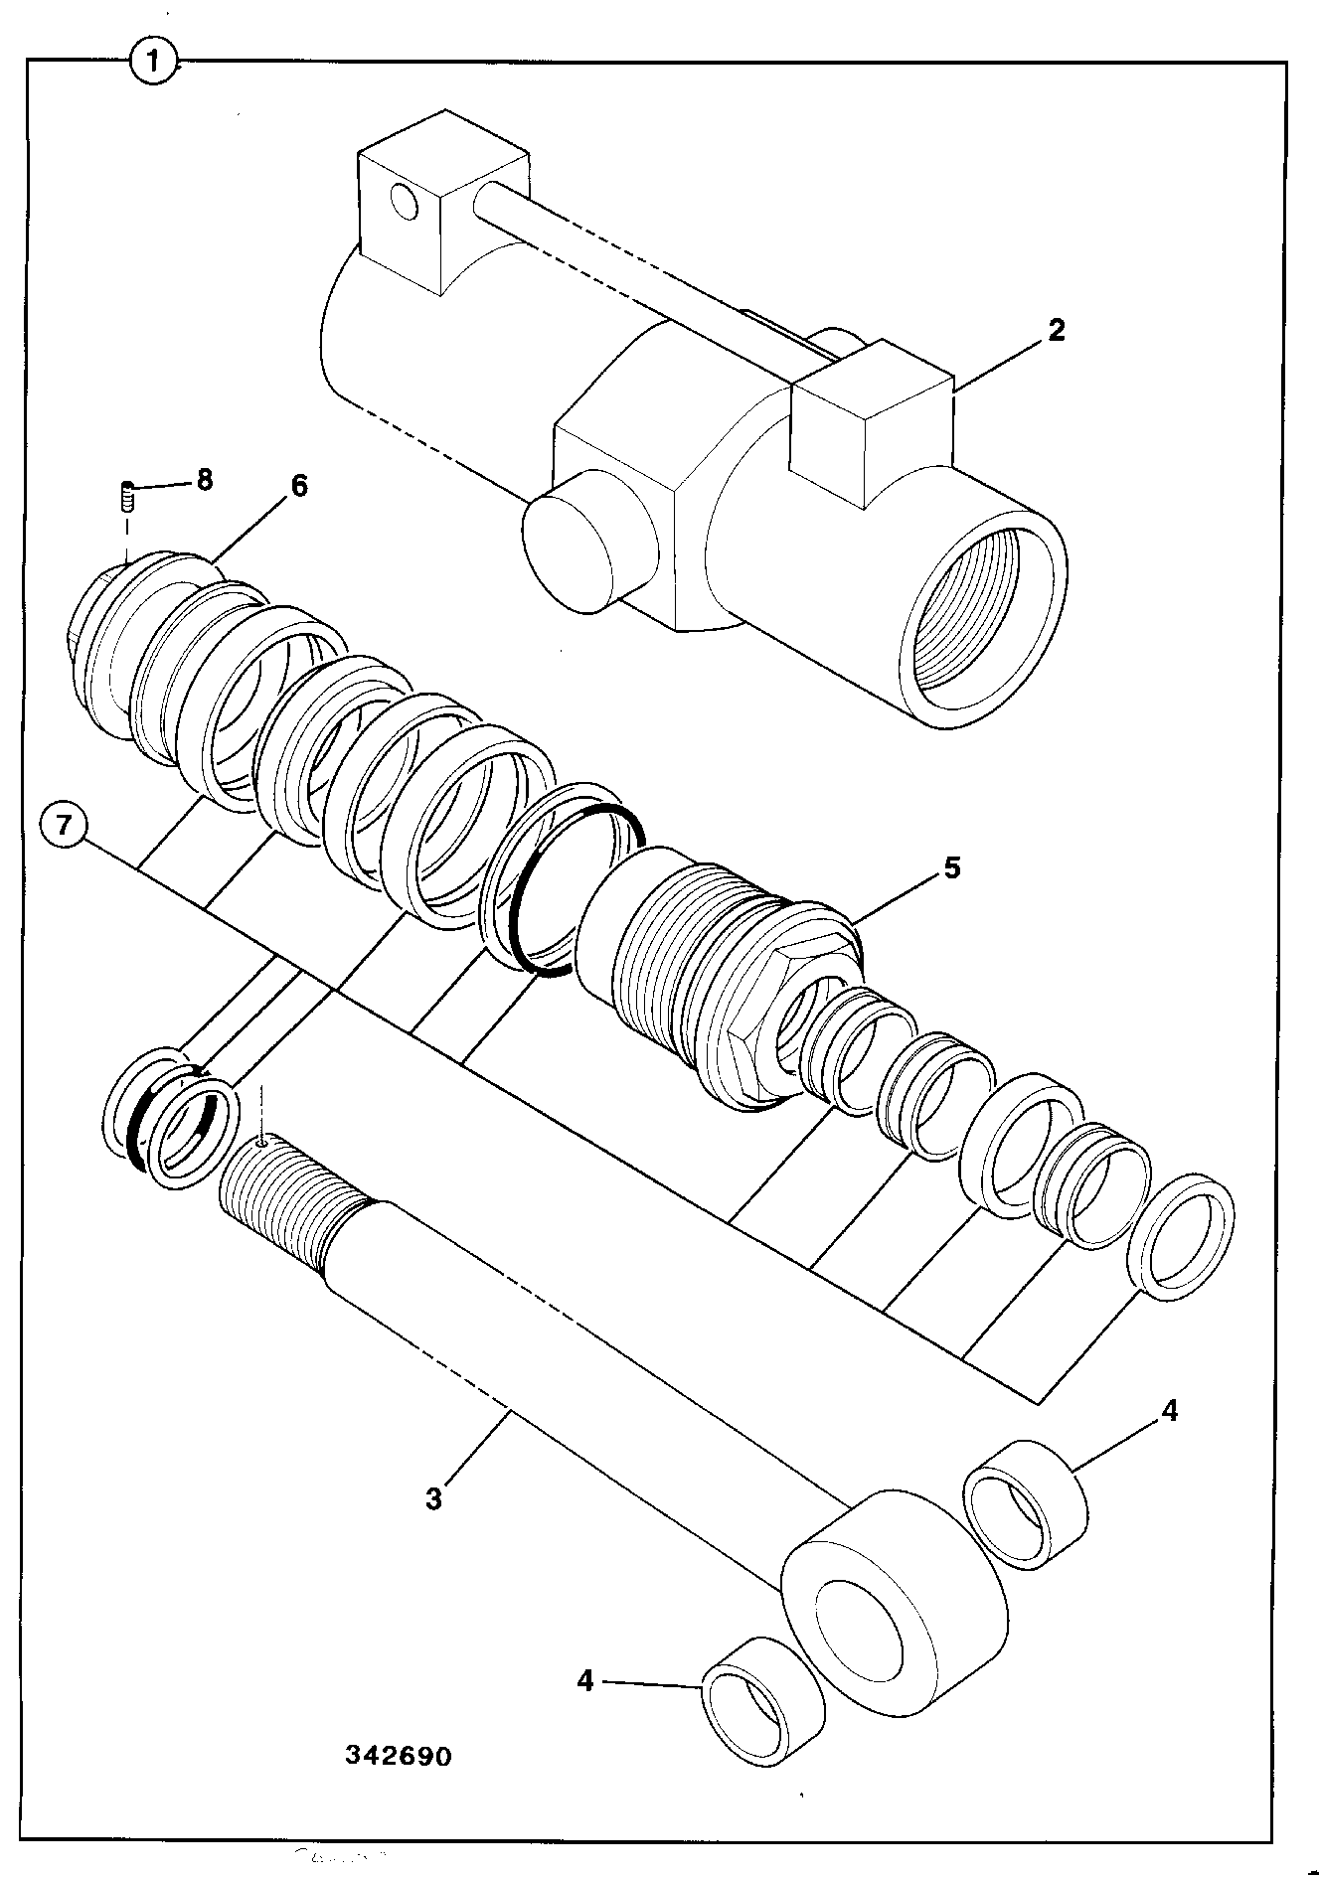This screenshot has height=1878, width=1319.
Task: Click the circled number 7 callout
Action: click(x=65, y=828)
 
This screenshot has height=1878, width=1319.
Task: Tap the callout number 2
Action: click(x=1056, y=330)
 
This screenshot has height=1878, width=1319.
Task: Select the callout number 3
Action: click(x=433, y=1496)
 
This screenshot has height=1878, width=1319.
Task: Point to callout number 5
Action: click(x=951, y=867)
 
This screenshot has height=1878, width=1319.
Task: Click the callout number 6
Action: click(x=298, y=486)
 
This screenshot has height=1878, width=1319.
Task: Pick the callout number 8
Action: click(x=204, y=480)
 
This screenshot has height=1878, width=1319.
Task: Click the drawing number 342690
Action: click(x=399, y=1756)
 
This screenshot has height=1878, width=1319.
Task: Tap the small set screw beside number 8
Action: click(x=127, y=495)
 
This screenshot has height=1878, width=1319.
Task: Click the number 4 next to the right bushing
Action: click(x=1170, y=1410)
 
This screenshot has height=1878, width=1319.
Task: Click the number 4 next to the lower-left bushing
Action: click(x=584, y=1680)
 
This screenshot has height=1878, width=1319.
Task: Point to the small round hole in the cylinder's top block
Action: click(x=406, y=203)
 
